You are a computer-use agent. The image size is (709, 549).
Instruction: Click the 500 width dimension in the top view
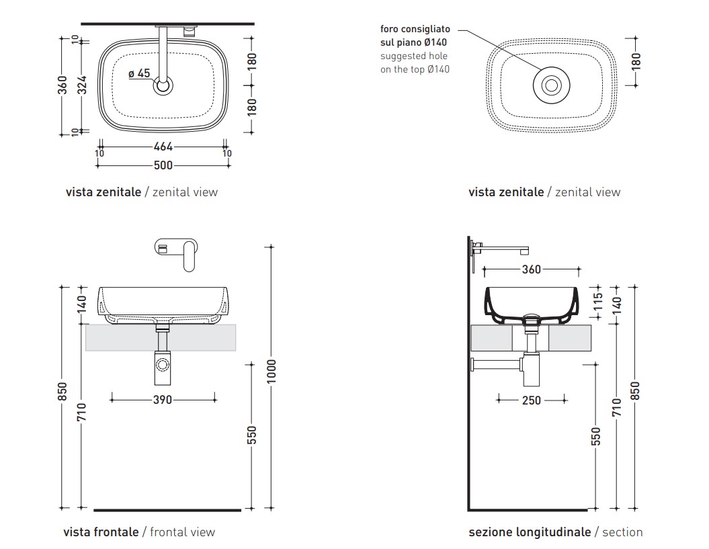point(163,165)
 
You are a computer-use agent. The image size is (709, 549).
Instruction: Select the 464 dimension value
point(163,146)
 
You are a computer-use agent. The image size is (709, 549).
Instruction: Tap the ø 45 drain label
point(139,73)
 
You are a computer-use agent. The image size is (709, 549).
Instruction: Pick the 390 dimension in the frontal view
point(163,399)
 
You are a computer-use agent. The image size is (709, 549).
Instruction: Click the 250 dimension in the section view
point(531,400)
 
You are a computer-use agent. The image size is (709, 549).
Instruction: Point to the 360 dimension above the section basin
point(531,269)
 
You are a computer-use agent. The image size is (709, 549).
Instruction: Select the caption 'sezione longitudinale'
point(530,532)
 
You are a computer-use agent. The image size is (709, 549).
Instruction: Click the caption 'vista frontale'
point(101,532)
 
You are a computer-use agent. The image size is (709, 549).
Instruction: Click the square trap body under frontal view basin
point(162,364)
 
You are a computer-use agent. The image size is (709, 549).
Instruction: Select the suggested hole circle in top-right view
point(552,85)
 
